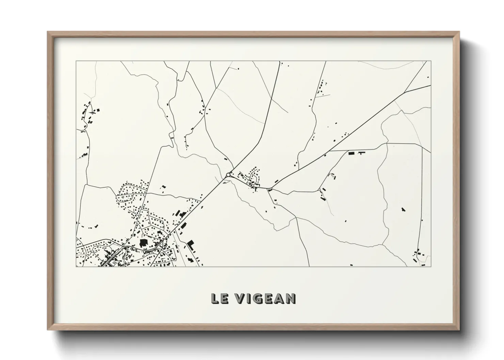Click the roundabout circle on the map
(228, 175)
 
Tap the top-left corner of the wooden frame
(48, 32)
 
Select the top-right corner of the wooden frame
(459, 32)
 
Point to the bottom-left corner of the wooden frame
(48, 330)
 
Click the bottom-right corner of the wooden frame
(459, 330)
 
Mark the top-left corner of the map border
(76, 61)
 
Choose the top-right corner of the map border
(431, 61)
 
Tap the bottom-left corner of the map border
(76, 266)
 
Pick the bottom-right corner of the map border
(431, 266)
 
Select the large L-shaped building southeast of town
(190, 244)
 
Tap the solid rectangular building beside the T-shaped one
(351, 153)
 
